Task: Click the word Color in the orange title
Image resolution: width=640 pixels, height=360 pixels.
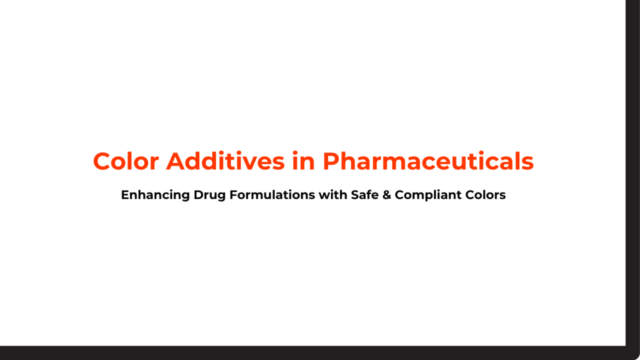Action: [x=126, y=161]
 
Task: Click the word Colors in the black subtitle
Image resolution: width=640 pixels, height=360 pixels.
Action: [x=487, y=195]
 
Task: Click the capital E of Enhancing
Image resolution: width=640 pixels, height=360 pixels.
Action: [x=125, y=195]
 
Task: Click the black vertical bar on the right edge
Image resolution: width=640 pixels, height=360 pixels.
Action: [x=633, y=160]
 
